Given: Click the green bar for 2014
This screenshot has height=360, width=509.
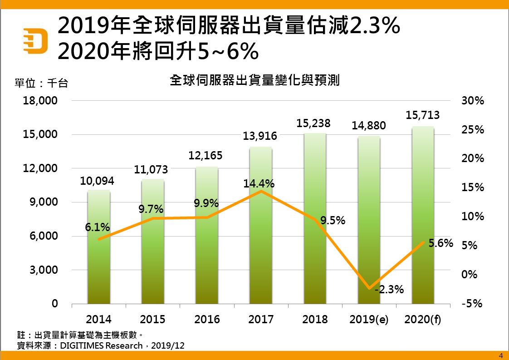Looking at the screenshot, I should coord(98,268).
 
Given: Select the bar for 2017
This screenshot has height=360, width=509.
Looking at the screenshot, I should coord(261,254).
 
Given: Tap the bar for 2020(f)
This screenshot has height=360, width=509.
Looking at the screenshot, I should coord(423,272).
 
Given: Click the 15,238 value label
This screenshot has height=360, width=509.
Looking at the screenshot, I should coord(315,123).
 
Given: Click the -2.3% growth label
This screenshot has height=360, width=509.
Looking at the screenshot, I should coord(389,289).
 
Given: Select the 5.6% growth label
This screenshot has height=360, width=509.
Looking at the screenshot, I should coord(441,243).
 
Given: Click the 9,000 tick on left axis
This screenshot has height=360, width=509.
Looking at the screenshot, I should coord(44,202).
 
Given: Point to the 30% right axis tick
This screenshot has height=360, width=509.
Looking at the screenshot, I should coord(473,101).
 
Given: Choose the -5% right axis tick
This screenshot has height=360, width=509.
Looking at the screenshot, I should coord(472,304).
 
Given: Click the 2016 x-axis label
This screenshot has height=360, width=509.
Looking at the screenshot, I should coord(207,319).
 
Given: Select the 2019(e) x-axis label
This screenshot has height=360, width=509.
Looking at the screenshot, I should coord(369,319).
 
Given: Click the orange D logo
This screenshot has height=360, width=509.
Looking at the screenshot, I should coord(36,40).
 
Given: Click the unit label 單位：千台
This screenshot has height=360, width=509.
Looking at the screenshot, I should coord(41,83).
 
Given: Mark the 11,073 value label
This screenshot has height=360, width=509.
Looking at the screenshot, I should coord(151,170).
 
